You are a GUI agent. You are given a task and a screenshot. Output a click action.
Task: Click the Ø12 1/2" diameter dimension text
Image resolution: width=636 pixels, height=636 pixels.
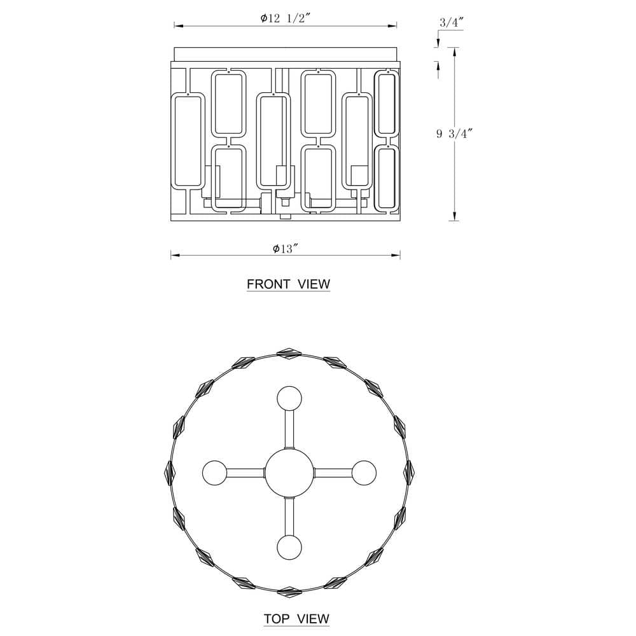tap(285, 18)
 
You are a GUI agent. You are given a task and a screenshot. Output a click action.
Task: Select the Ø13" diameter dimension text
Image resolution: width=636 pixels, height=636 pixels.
tap(286, 248)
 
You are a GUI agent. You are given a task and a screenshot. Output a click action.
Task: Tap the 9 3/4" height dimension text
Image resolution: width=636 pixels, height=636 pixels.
tap(455, 134)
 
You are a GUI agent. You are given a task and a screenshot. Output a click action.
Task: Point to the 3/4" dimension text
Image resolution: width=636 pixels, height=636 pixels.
tap(452, 22)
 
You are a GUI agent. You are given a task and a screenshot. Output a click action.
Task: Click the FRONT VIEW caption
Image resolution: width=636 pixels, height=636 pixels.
tap(288, 284)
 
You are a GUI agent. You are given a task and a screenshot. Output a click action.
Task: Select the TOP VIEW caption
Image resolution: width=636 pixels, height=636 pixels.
tap(296, 619)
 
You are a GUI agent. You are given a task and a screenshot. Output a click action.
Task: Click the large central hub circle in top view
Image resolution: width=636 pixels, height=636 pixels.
tap(289, 473)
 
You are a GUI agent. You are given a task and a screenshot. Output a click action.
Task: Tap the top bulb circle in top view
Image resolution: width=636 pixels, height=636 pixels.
tap(289, 399)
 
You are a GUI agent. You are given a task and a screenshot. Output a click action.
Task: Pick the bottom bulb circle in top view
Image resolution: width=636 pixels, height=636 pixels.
tap(289, 547)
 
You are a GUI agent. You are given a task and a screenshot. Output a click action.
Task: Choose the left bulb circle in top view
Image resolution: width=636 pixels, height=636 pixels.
tap(215, 473)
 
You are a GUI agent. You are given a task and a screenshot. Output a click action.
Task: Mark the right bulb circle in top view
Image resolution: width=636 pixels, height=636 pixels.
tap(364, 473)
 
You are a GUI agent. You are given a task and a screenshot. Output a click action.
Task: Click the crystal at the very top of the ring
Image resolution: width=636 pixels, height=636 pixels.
tap(289, 352)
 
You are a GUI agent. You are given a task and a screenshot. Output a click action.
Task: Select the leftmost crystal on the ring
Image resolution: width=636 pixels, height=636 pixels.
tap(169, 473)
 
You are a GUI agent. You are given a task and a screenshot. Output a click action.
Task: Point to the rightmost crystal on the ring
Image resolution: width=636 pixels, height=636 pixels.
tap(410, 473)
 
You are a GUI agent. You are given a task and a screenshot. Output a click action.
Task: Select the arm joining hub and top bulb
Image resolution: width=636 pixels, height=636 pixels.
tap(289, 429)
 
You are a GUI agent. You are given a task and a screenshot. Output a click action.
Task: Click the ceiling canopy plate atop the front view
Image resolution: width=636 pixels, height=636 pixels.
tap(286, 54)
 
